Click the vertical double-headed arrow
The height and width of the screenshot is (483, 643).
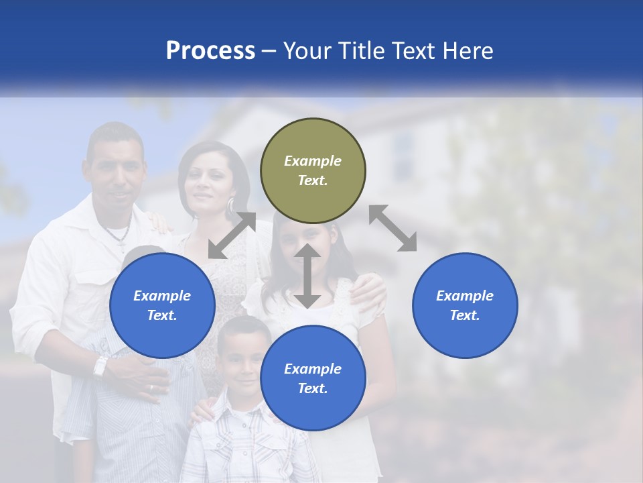pos(307,276)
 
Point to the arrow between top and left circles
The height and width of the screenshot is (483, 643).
pos(232,235)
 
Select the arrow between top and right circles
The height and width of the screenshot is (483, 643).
pos(392,228)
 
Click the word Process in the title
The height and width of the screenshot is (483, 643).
pos(210,50)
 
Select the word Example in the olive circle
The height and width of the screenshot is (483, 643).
pos(313,161)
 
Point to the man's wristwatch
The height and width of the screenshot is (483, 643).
pos(100,366)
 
